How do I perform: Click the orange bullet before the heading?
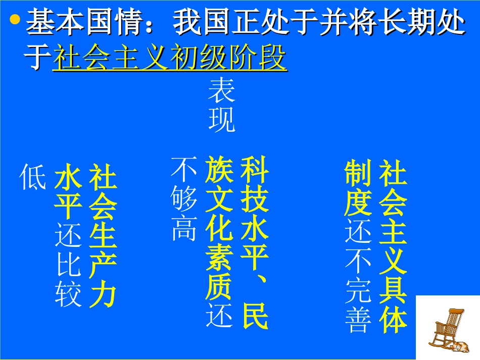[15, 21]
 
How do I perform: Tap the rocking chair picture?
[447, 328]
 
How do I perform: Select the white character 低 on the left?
[33, 177]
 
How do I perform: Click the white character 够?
[184, 199]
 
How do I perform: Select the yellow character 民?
[254, 316]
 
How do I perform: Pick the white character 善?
[358, 319]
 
